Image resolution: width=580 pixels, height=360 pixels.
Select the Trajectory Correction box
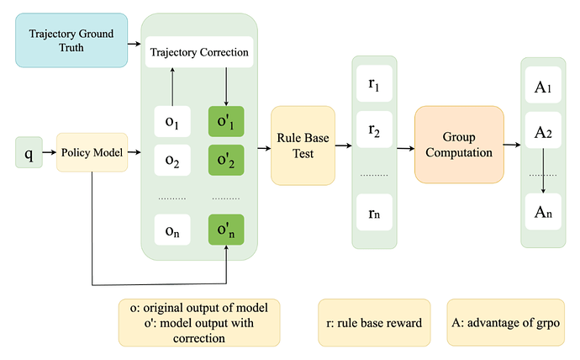coord(199,52)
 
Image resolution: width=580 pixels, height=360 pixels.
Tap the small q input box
coord(29,154)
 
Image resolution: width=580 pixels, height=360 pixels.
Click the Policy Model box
coord(92,154)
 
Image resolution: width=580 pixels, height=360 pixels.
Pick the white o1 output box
coord(172,123)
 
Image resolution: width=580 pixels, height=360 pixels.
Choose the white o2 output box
coord(172,159)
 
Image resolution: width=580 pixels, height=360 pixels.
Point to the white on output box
coord(172,230)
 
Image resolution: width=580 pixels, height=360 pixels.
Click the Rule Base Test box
coord(303,145)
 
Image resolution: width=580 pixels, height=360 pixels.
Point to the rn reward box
coord(373,213)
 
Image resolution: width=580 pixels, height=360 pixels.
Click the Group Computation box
coord(458,145)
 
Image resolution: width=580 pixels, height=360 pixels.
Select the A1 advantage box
coord(542,87)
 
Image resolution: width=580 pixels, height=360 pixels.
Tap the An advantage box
coord(542,211)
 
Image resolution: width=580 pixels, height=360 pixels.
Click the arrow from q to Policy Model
coord(49,154)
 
